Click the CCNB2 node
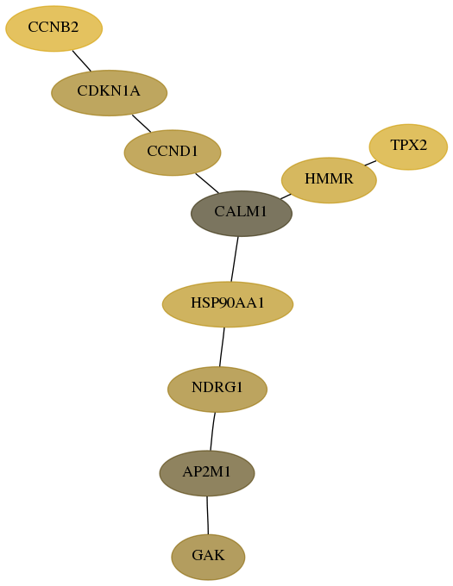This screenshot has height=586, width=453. [x=53, y=28]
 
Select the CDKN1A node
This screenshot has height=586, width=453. [x=109, y=93]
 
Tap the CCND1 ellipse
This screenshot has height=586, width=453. [x=173, y=153]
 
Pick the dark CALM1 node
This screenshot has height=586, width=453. [x=242, y=214]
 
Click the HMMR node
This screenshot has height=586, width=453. [x=329, y=180]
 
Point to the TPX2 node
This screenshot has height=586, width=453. [x=408, y=146]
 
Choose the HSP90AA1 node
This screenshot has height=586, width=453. [x=228, y=304]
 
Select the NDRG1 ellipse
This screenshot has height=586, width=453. [x=217, y=390]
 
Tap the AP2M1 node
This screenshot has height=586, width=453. [x=207, y=473]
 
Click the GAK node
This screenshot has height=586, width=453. [x=208, y=557]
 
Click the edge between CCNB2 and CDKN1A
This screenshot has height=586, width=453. [x=82, y=60]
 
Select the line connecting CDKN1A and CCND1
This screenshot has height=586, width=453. [x=142, y=123]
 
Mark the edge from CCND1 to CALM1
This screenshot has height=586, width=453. [x=207, y=183]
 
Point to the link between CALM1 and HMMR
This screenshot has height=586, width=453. [x=286, y=196]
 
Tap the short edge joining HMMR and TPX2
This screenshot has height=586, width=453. [x=370, y=163]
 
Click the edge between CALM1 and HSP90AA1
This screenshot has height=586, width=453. [x=235, y=259]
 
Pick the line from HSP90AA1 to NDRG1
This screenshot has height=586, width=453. [x=222, y=347]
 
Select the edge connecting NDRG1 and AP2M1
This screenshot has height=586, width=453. [x=212, y=431]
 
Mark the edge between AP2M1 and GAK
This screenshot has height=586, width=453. [x=208, y=515]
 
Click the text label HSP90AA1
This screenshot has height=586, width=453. [x=228, y=302]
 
